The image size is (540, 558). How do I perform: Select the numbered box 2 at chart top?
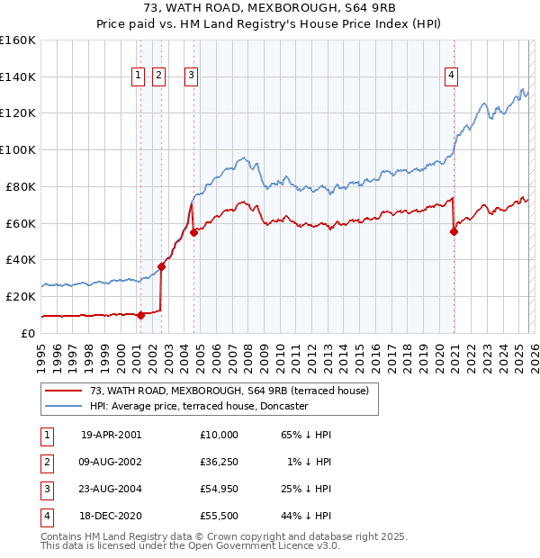click(x=158, y=76)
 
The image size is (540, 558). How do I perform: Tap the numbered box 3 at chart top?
click(x=193, y=76)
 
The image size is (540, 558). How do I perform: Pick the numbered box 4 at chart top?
click(x=450, y=76)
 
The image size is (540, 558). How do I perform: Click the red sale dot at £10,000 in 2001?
click(x=141, y=315)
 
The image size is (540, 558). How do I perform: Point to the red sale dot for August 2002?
click(x=162, y=266)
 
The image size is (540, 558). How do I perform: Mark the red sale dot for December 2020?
click(x=454, y=231)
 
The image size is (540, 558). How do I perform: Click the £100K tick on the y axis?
click(x=18, y=149)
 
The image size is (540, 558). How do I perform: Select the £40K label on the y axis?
click(x=21, y=259)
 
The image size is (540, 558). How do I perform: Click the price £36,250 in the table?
click(x=220, y=462)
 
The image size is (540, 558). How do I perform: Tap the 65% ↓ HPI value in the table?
click(x=307, y=435)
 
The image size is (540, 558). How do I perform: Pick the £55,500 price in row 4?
click(x=220, y=516)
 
